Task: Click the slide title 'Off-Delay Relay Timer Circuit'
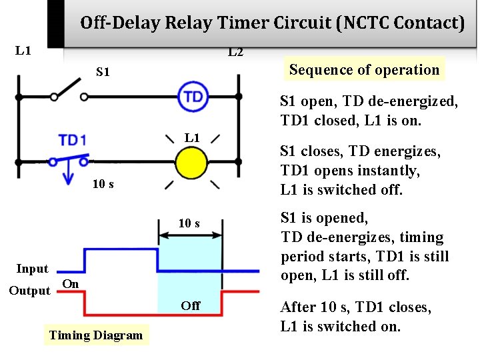coord(272,23)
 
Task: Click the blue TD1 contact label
coord(72,140)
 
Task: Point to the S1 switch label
coord(103,71)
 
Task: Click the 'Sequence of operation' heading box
coord(364,69)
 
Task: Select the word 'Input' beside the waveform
coord(33,269)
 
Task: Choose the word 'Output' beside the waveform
coord(29,291)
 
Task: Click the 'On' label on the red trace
coord(71,284)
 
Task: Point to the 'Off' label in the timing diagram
coord(190,306)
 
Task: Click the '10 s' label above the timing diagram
coord(189,223)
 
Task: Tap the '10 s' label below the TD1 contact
coord(103,184)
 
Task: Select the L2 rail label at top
coord(235,52)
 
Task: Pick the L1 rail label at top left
coord(23,51)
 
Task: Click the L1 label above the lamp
coord(192,138)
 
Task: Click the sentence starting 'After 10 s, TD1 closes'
coord(355,317)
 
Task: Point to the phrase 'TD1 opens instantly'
coord(350,171)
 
